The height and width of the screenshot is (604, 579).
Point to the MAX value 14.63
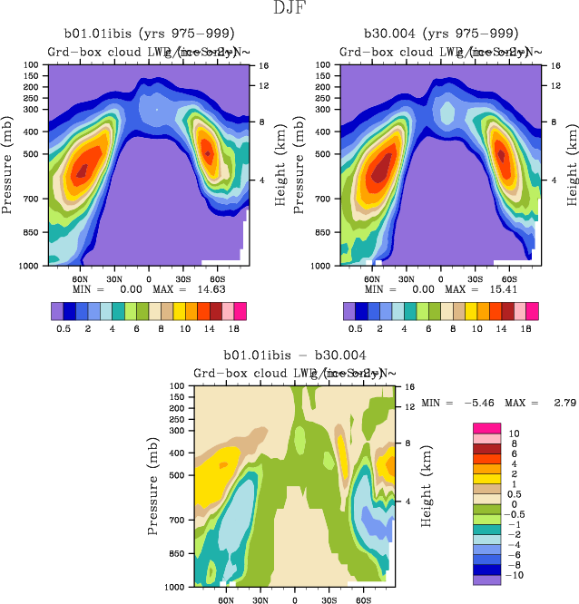(208, 288)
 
